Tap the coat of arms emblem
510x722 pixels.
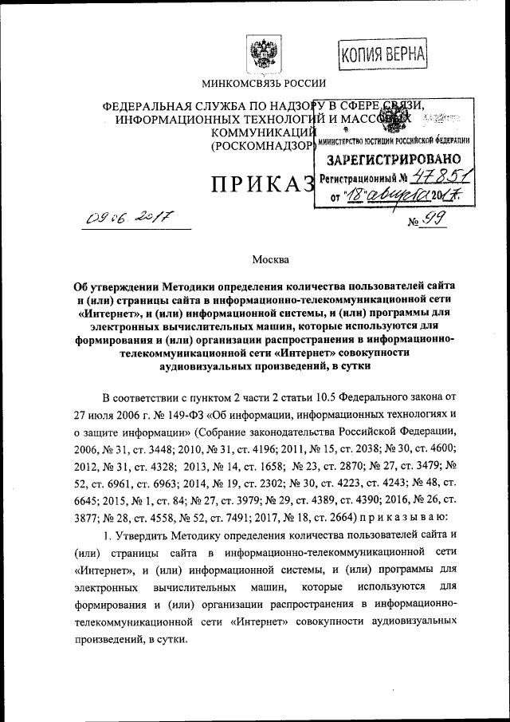tap(261, 54)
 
